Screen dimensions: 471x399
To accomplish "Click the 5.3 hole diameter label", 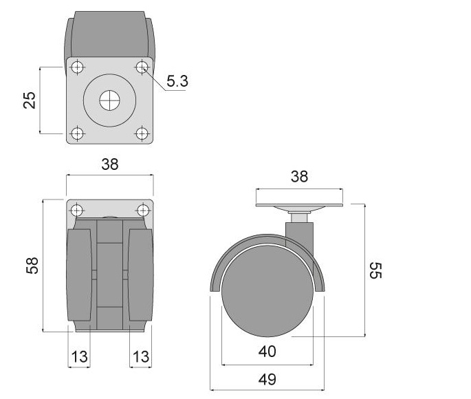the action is point(177,80).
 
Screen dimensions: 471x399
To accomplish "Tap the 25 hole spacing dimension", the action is point(30,100).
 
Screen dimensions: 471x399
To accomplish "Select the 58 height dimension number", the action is point(32,266).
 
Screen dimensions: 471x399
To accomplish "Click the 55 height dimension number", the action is point(375,270).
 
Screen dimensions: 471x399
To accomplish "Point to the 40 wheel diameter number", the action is point(267,351).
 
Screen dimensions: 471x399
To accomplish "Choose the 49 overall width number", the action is point(267,379).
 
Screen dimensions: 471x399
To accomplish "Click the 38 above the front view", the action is point(110,164).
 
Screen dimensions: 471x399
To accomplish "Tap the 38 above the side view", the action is point(299,176).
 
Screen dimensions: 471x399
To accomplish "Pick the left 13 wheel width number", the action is point(79,356).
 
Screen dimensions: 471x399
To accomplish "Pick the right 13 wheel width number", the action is point(141,356).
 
